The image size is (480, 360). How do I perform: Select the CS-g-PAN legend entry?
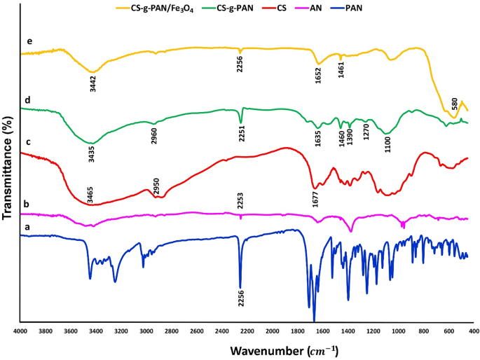coord(249,8)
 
